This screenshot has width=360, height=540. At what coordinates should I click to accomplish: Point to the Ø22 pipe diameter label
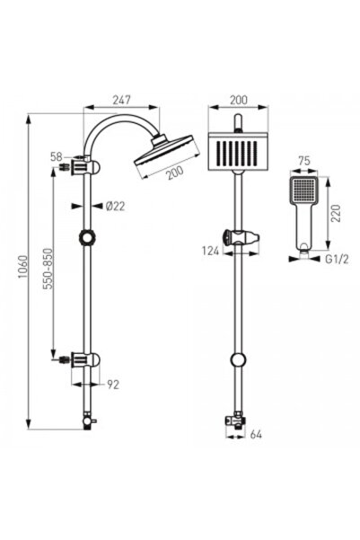(115, 206)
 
